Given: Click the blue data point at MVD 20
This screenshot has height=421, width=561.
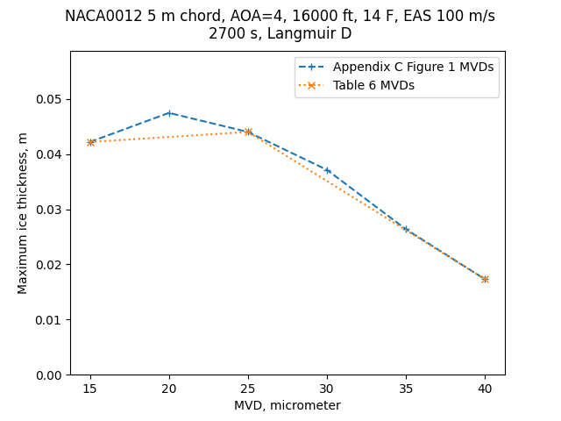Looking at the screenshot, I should click(x=169, y=113).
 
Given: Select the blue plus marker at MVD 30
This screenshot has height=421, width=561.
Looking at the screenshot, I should click(x=327, y=170).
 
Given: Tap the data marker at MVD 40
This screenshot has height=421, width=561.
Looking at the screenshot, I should click(x=485, y=279).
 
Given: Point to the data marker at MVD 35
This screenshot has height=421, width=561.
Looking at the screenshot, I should click(x=406, y=229).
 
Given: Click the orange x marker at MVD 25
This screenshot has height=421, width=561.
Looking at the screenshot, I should click(x=248, y=132).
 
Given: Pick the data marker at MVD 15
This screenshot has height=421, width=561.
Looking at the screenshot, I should click(x=90, y=142).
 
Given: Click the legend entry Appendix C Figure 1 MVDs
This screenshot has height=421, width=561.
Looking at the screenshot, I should click(x=413, y=68).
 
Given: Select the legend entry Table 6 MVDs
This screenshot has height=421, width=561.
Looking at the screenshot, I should click(x=373, y=85).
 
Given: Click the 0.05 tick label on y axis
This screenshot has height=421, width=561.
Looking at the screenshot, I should click(x=48, y=99).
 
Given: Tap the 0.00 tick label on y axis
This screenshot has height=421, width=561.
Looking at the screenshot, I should click(x=48, y=375).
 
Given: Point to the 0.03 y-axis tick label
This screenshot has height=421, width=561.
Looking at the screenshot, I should click(x=48, y=210).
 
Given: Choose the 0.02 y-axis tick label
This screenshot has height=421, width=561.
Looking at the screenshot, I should click(x=48, y=265).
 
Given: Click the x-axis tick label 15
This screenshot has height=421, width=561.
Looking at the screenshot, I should click(x=90, y=389).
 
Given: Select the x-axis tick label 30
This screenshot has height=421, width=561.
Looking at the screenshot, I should click(x=327, y=389).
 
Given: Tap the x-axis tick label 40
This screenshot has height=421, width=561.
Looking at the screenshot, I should click(x=485, y=389).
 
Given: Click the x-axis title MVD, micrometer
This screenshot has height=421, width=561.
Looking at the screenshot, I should click(x=287, y=405).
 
